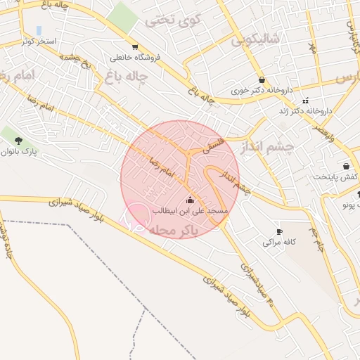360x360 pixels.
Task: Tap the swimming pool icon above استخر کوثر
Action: click(x=38, y=31)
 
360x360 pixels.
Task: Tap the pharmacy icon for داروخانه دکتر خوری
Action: click(x=262, y=79)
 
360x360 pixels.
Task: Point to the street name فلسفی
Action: click(x=215, y=144)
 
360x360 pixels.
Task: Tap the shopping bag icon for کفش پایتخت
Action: click(x=346, y=166)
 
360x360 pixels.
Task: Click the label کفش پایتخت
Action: click(x=337, y=176)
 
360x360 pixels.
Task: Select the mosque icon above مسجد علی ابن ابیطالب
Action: click(x=189, y=199)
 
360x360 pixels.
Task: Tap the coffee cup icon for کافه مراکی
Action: click(x=279, y=231)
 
